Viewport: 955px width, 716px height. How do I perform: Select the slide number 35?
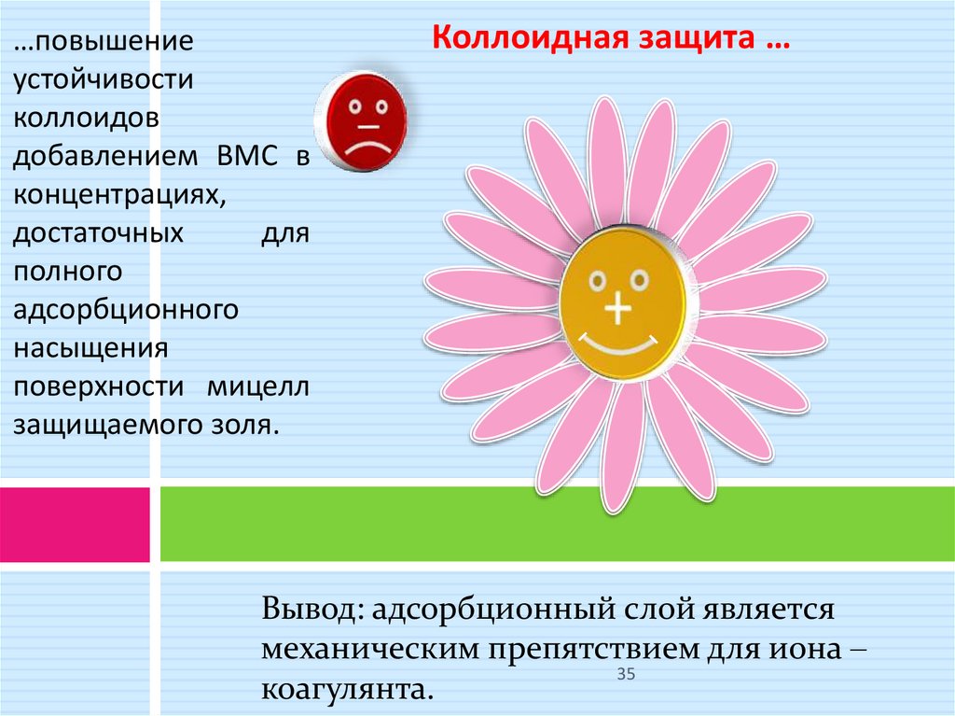click(x=625, y=674)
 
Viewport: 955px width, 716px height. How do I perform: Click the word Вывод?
click(x=312, y=610)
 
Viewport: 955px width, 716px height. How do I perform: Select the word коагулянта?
click(x=349, y=690)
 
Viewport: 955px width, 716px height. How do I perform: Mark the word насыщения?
click(x=90, y=347)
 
